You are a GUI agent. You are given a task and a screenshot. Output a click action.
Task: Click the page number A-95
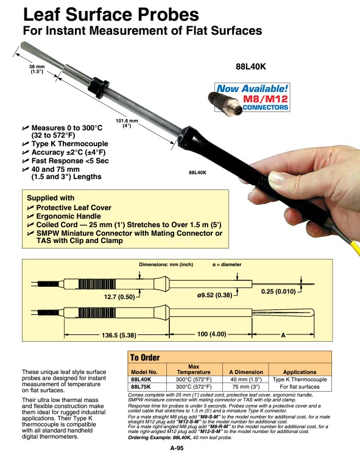coord(177,448)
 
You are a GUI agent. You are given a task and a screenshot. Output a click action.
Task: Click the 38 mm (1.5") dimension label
coord(37,69)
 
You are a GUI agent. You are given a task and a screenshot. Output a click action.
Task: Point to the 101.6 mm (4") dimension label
coord(127,123)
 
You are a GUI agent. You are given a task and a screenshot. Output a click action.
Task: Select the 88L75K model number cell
coord(141,387)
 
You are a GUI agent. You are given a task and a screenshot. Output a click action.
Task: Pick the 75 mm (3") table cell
coord(246,387)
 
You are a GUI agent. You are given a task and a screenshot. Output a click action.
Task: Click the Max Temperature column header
coord(194,369)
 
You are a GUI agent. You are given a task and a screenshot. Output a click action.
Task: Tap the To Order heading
coord(145,357)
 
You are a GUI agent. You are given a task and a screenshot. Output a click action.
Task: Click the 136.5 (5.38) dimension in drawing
coord(119,335)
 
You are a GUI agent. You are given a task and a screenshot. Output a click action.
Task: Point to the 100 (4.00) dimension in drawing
coord(212,334)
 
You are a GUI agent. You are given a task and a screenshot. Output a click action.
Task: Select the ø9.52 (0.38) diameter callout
coord(214,295)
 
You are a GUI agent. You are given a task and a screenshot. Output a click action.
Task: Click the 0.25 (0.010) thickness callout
coord(278,291)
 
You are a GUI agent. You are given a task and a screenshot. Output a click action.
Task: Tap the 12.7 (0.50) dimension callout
coord(119,297)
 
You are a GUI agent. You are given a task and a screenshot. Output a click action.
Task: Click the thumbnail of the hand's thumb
coord(280,178)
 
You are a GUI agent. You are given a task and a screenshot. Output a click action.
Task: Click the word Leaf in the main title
coord(42,14)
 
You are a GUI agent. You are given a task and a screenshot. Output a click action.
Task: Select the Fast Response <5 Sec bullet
coord(70,161)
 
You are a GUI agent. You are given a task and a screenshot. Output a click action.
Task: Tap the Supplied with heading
coord(51,198)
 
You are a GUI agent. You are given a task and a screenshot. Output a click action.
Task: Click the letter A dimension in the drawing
coord(283,335)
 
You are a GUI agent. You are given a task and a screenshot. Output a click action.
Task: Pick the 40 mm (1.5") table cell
coord(246,379)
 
